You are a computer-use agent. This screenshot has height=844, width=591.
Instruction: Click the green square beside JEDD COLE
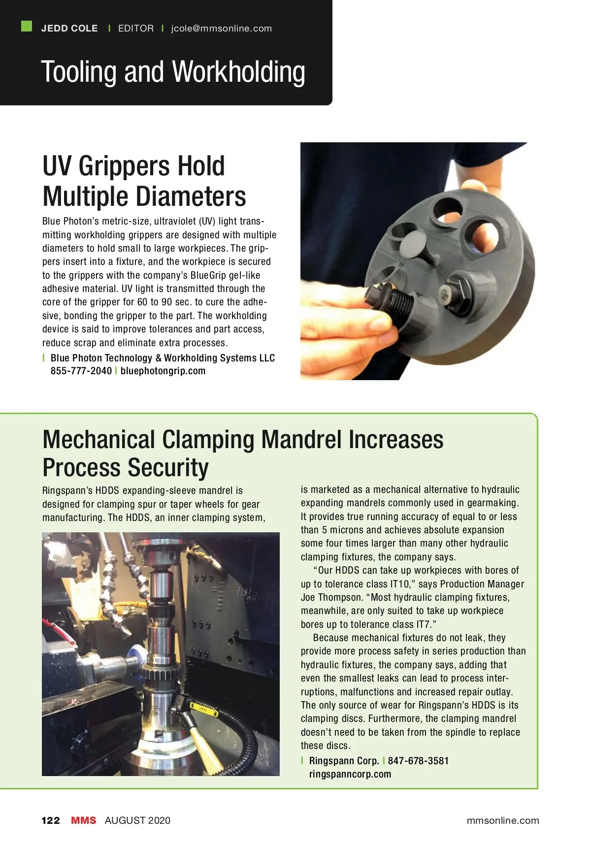[x=27, y=26]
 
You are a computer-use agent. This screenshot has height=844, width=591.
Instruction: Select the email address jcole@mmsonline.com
[x=221, y=29]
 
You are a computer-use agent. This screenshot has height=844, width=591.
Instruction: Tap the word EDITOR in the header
[x=136, y=29]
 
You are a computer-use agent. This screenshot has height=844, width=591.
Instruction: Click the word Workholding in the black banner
[x=239, y=72]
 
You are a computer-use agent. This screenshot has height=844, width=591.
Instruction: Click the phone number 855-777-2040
[x=81, y=371]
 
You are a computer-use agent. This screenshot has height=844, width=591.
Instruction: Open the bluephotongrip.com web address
[x=163, y=371]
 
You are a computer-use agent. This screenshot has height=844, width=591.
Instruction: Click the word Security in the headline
[x=167, y=468]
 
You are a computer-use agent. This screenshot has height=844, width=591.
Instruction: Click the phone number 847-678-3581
[x=418, y=761]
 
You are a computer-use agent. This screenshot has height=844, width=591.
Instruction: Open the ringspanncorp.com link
[x=350, y=774]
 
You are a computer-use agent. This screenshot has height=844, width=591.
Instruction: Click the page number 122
[x=51, y=820]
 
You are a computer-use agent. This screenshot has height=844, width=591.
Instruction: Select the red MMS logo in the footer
[x=84, y=820]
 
